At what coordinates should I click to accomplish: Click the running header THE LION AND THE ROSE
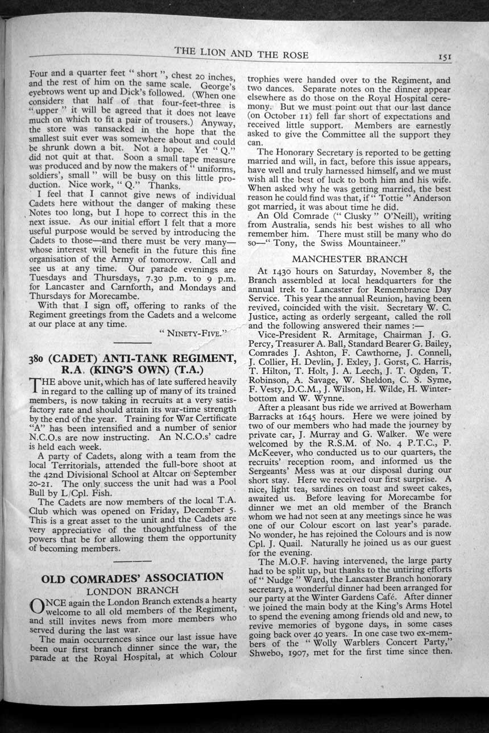coord(242,55)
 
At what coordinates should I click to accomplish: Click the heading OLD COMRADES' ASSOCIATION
coord(132,577)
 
